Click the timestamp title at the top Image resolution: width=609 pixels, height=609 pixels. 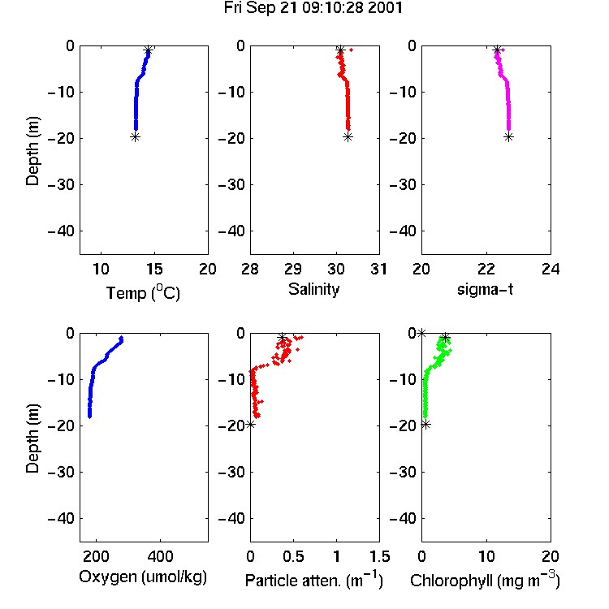313,8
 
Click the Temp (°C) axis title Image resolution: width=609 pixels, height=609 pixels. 143,292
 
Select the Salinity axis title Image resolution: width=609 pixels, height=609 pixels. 313,289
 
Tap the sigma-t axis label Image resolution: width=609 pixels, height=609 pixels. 485,289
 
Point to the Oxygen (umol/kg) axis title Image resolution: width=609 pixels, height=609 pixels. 143,577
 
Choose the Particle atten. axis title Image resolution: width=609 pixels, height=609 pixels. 313,580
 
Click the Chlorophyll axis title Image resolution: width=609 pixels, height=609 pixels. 485,580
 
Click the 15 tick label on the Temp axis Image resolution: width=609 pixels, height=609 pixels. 154,269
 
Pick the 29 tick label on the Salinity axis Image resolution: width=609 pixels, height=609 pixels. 293,269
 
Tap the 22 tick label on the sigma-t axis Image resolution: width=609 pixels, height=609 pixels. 486,269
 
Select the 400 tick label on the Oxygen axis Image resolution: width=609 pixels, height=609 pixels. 160,556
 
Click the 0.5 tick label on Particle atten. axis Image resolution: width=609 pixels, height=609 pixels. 293,556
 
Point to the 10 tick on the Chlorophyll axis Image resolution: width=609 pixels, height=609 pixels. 486,556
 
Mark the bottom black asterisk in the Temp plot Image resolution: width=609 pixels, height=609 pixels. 135,136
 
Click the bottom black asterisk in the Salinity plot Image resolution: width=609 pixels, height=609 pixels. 348,136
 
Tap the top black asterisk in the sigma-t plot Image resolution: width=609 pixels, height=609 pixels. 497,50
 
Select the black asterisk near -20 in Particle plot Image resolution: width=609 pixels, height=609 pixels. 251,424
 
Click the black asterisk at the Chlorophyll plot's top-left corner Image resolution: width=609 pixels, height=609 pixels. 421,333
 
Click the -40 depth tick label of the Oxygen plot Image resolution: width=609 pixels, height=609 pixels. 61,518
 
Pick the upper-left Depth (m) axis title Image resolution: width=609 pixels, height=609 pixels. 32,151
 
